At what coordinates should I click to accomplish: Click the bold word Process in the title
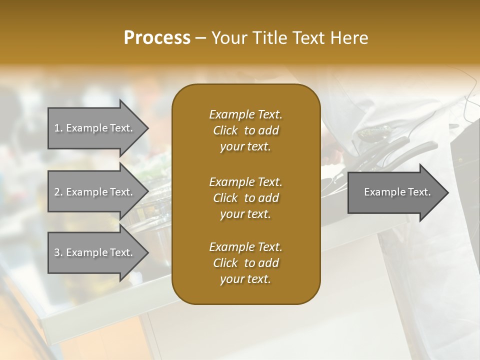pos(157,38)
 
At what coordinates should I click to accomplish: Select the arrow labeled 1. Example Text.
pos(95,128)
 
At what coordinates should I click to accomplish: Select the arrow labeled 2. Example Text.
pos(95,192)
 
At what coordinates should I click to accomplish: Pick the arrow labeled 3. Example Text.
pos(95,252)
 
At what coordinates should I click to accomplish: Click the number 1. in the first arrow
pos(58,128)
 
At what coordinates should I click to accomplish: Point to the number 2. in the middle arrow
pos(58,192)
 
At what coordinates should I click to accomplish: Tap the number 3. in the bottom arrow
pos(58,252)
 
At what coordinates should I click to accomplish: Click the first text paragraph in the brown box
pos(245,130)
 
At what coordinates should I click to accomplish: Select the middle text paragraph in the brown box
pos(245,198)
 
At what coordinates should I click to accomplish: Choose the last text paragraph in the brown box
pos(245,263)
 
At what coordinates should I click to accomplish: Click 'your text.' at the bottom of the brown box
pos(245,279)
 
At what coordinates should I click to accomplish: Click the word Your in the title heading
pos(228,38)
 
